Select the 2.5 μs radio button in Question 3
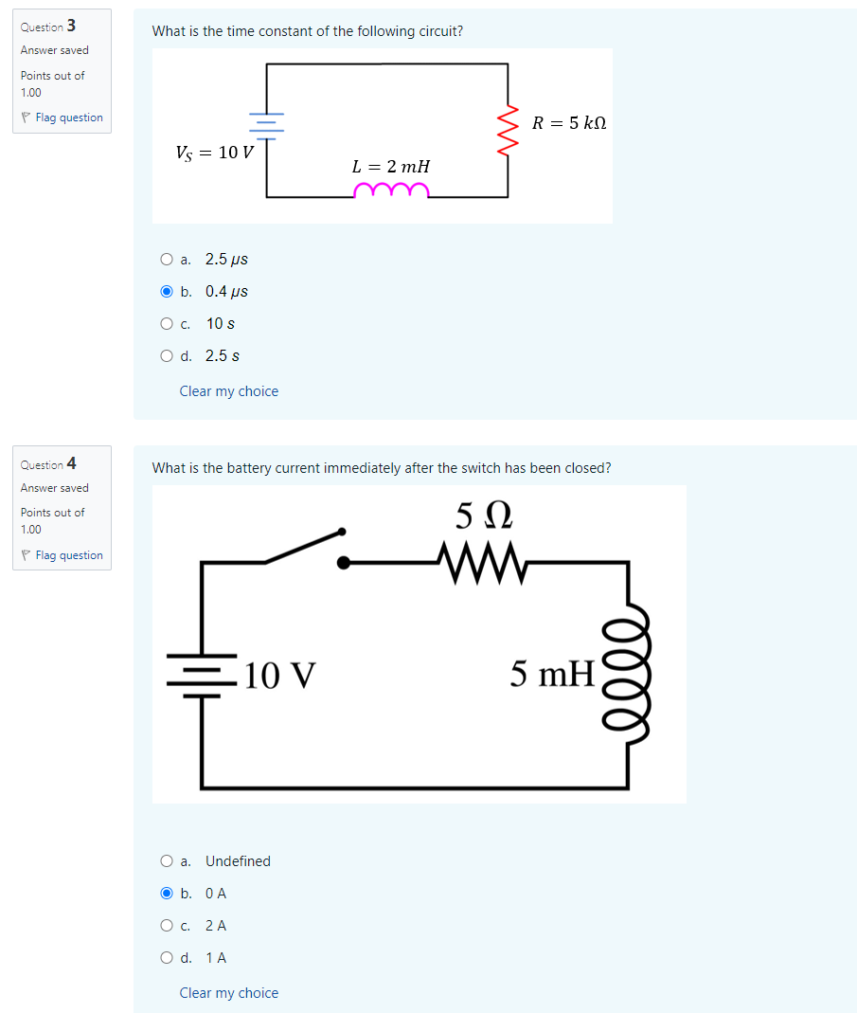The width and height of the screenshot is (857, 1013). tap(167, 260)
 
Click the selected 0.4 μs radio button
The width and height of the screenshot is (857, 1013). tap(167, 292)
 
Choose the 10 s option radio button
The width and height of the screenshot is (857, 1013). tap(167, 324)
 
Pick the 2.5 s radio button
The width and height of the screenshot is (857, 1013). tap(167, 356)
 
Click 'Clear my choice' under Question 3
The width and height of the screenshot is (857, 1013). tap(228, 391)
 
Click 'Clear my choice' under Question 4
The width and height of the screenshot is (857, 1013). tap(228, 993)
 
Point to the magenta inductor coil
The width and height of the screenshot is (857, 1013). tap(390, 192)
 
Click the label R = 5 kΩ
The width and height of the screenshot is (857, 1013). tap(568, 123)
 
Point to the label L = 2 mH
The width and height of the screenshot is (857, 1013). tap(390, 167)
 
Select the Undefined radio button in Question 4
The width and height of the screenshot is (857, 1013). tap(167, 861)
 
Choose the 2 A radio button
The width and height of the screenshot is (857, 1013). tap(167, 926)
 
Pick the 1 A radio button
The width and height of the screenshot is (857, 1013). tap(167, 958)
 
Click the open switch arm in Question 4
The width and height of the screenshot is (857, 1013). tap(304, 546)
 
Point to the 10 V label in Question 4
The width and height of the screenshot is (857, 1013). tap(279, 675)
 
